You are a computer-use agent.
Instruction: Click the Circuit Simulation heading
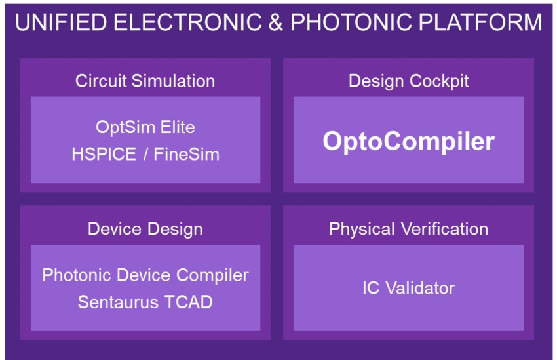(145, 81)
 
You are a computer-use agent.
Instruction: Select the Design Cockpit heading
(409, 81)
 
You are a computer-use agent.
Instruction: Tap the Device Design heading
(145, 229)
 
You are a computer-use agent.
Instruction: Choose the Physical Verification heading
(408, 229)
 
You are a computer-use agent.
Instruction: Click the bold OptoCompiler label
(408, 141)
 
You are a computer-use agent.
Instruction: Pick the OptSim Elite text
(145, 127)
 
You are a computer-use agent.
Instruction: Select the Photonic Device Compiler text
(145, 275)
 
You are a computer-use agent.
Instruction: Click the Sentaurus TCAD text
(145, 302)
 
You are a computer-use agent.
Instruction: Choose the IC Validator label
(408, 288)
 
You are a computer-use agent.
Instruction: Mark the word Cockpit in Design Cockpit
(439, 81)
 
